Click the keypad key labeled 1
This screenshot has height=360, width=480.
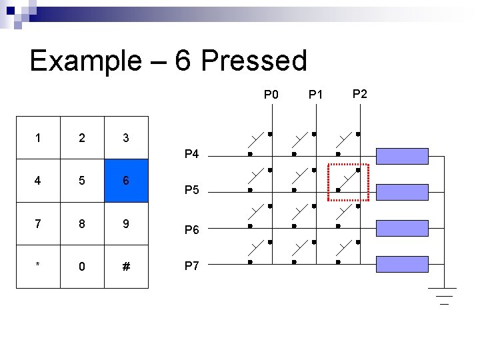pyautogui.click(x=38, y=137)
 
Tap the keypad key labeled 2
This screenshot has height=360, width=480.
pyautogui.click(x=82, y=137)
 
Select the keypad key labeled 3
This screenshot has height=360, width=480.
pyautogui.click(x=126, y=137)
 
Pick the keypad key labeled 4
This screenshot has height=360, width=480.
pyautogui.click(x=38, y=181)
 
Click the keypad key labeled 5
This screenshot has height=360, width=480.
pyautogui.click(x=82, y=181)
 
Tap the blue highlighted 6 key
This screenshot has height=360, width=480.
pyautogui.click(x=126, y=181)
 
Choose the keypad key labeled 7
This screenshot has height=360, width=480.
pyautogui.click(x=38, y=223)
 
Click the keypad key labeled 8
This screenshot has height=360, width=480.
pyautogui.click(x=82, y=223)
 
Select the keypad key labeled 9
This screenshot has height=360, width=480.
pyautogui.click(x=126, y=223)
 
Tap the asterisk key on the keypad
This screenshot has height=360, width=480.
pyautogui.click(x=38, y=267)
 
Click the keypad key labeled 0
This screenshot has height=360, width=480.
pyautogui.click(x=82, y=267)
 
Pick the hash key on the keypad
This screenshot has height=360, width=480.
pyautogui.click(x=126, y=267)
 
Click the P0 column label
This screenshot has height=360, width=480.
pyautogui.click(x=271, y=94)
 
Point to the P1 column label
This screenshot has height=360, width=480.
pyautogui.click(x=315, y=95)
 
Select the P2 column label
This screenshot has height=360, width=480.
pyautogui.click(x=359, y=93)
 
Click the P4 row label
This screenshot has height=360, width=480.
pyautogui.click(x=191, y=155)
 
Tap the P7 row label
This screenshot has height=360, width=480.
pyautogui.click(x=191, y=266)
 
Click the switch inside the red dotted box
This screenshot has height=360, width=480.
pyautogui.click(x=348, y=181)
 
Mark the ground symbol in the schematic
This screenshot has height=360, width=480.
pyautogui.click(x=441, y=295)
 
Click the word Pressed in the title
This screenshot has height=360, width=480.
pyautogui.click(x=253, y=61)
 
